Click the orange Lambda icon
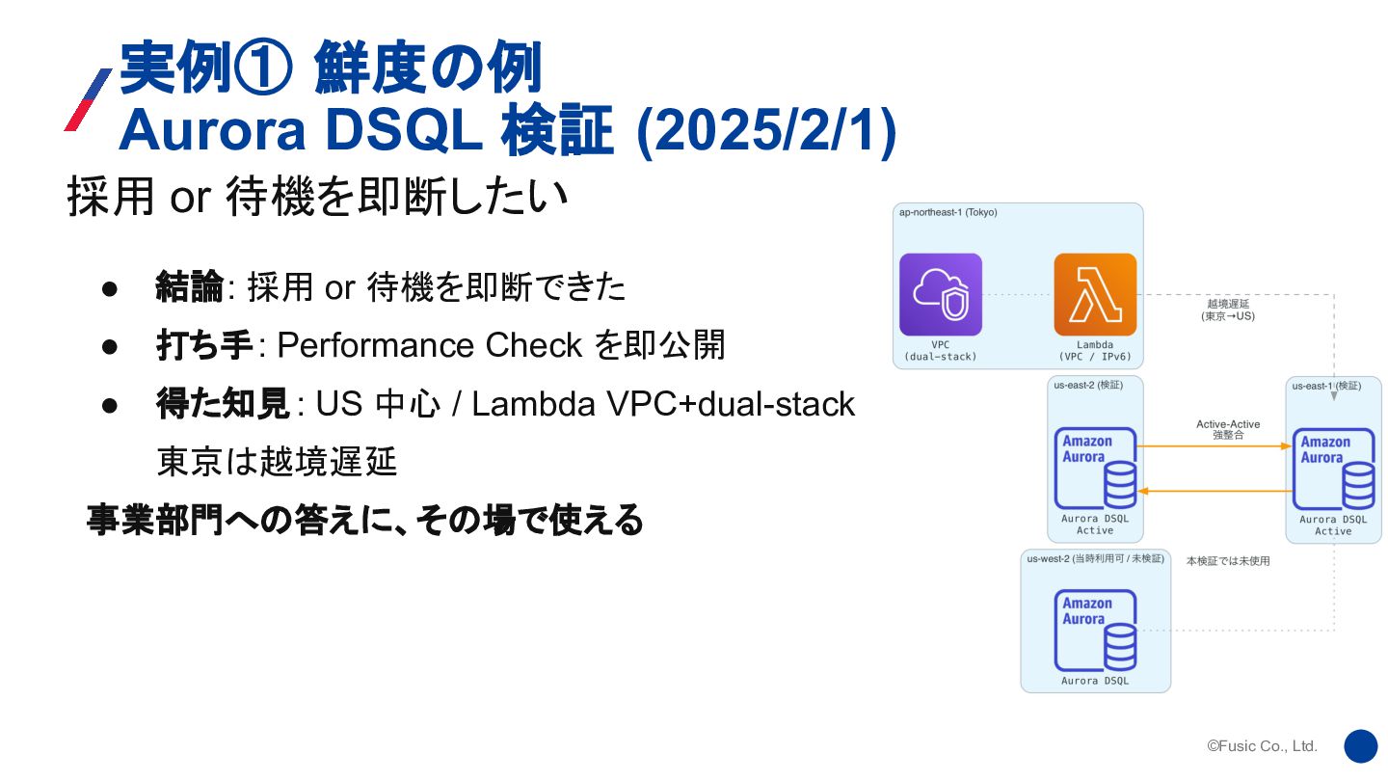[1095, 294]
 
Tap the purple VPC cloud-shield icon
[941, 294]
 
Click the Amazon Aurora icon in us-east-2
[1095, 468]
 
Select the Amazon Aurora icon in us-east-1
[1334, 469]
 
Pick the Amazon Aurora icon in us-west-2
[1095, 630]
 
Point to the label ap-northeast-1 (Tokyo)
[948, 212]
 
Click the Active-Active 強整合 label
[1228, 430]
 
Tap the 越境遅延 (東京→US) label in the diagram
[1228, 310]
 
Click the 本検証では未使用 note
[1228, 561]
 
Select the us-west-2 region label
[1095, 559]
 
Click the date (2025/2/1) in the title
[767, 131]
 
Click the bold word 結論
[190, 286]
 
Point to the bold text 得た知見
[223, 404]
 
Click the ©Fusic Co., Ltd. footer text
[1262, 745]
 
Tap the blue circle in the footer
[1361, 745]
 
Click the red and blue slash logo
[88, 99]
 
